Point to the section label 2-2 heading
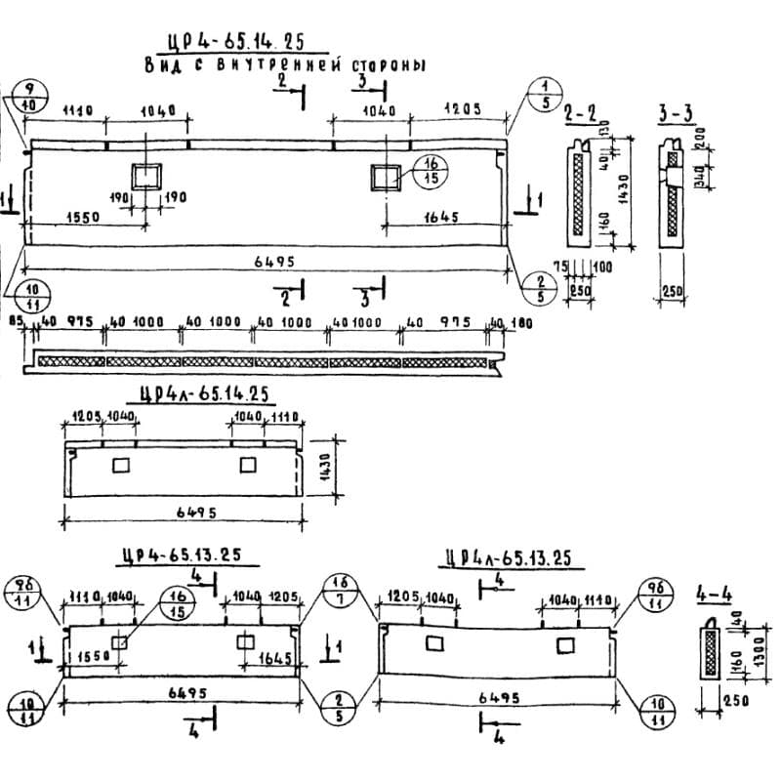(582, 116)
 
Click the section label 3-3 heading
(676, 115)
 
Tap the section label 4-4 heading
(713, 594)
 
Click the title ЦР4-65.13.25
(185, 556)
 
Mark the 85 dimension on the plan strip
(15, 321)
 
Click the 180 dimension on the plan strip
(519, 322)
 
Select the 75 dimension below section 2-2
(560, 267)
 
